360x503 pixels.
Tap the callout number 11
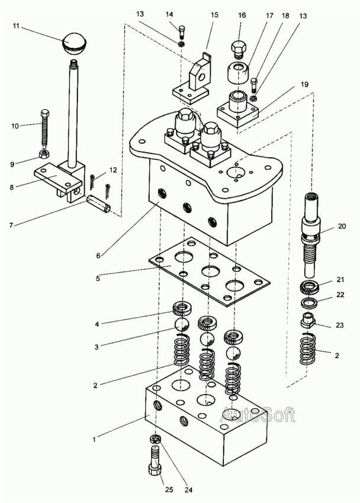17,26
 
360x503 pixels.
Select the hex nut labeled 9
43,154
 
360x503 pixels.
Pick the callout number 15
214,15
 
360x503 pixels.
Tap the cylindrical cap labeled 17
239,73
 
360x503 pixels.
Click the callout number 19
304,85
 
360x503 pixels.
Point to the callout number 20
342,226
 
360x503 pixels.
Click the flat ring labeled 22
310,302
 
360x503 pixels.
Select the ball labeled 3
182,325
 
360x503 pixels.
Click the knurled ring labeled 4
182,309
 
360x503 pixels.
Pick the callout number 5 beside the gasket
98,279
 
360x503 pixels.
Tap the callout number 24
188,490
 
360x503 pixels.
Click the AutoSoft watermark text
258,415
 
